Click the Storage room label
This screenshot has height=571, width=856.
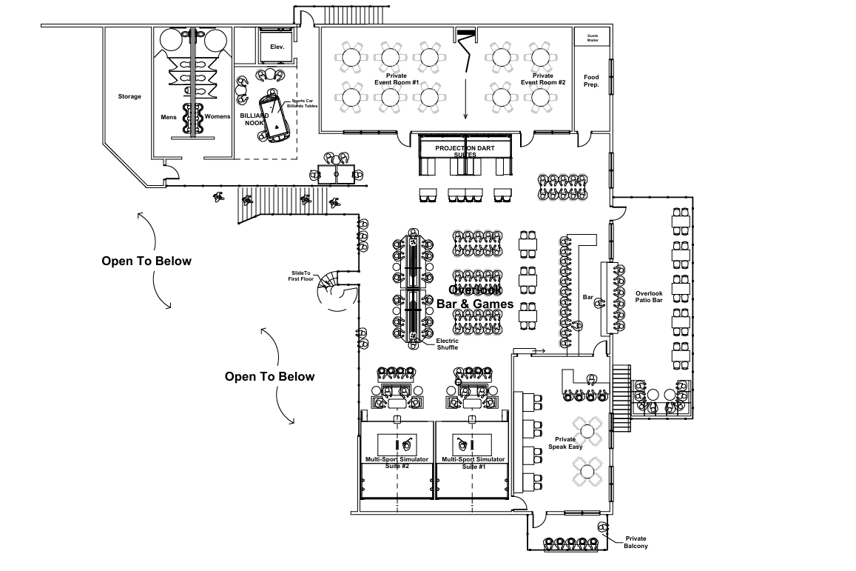click(129, 96)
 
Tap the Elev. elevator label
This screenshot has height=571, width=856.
click(277, 47)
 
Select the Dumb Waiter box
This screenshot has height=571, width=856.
click(592, 37)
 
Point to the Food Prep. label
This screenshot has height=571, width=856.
click(591, 81)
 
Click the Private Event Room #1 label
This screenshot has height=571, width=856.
click(396, 79)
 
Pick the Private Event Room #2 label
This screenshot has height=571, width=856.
click(543, 79)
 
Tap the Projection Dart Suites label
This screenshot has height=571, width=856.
click(465, 151)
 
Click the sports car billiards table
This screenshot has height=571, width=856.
click(274, 117)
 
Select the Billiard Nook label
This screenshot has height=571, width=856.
click(254, 120)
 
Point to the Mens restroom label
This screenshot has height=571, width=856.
click(169, 116)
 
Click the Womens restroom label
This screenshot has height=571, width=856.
click(218, 116)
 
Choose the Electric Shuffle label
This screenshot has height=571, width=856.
click(447, 344)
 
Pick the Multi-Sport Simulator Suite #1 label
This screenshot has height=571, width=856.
click(473, 463)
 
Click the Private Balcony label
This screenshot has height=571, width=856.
click(636, 542)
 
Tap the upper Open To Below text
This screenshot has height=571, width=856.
click(146, 261)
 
